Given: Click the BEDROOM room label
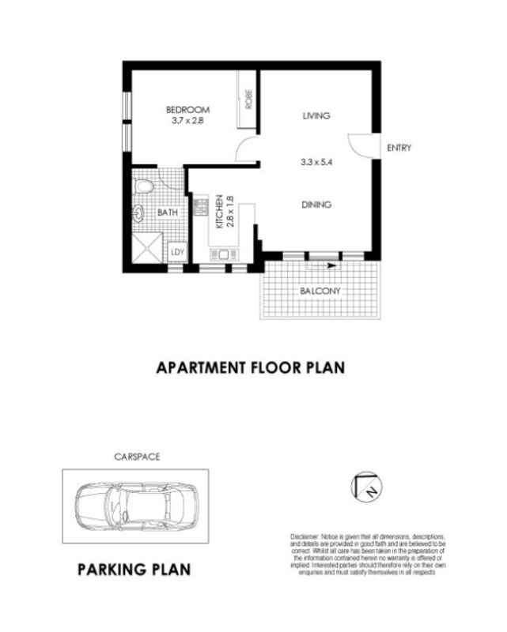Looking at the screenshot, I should point(187,109).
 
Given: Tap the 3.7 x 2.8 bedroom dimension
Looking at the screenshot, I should point(187,121).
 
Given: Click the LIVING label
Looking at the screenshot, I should point(316,116).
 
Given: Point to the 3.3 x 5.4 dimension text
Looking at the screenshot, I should point(316,164).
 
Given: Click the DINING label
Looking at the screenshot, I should point(316,205).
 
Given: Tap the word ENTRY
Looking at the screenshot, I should point(398,148).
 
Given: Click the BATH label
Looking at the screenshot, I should point(167,213).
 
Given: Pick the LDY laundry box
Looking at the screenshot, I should point(176,252).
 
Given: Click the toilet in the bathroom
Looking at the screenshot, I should point(143,186).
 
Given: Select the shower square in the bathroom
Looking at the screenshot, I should point(147,250).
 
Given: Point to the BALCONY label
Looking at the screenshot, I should point(320,292).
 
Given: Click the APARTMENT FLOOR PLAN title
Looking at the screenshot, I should point(252,367).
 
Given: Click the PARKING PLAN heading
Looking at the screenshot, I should point(134,569).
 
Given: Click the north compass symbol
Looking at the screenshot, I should point(366,486).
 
